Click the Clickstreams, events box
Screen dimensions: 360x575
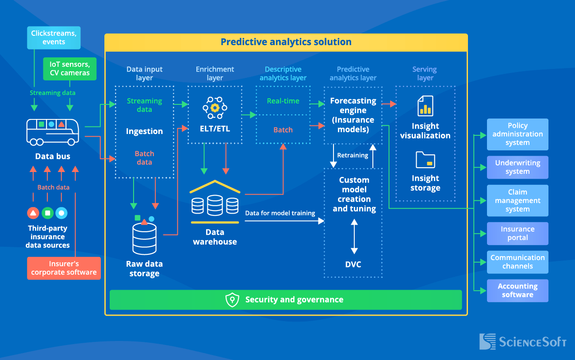pyautogui.click(x=54, y=38)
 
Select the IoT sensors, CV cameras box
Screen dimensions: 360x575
pyautogui.click(x=69, y=69)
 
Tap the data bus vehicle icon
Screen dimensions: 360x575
pyautogui.click(x=53, y=131)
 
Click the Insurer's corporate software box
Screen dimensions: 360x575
pyautogui.click(x=64, y=268)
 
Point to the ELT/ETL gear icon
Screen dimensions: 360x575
pyautogui.click(x=215, y=108)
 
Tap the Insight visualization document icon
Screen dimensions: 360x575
pyautogui.click(x=425, y=106)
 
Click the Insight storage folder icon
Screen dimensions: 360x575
pyautogui.click(x=425, y=160)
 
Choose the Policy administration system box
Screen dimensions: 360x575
pyautogui.click(x=517, y=134)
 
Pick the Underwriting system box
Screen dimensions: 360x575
pyautogui.click(x=517, y=167)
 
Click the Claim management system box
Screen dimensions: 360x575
pyautogui.click(x=517, y=200)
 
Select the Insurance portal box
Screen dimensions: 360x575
pyautogui.click(x=517, y=234)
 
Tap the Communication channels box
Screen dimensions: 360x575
pyautogui.click(x=517, y=262)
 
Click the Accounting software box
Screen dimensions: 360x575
pyautogui.click(x=517, y=291)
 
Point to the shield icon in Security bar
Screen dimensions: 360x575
pyautogui.click(x=232, y=300)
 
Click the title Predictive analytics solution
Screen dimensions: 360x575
pyautogui.click(x=286, y=42)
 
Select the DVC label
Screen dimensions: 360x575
pyautogui.click(x=353, y=264)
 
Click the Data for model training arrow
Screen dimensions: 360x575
pyautogui.click(x=283, y=220)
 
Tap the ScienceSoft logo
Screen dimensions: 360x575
pyautogui.click(x=522, y=341)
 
